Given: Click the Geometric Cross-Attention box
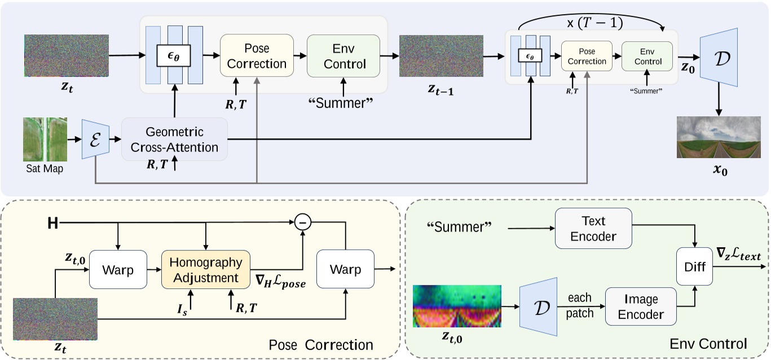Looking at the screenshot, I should coord(174,139).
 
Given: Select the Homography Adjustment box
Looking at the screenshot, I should coord(205,270).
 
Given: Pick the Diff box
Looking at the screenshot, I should coord(695,267).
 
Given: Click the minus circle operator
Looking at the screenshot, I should coord(303,223).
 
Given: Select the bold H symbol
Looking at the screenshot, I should coord(52,224).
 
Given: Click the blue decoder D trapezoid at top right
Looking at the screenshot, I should coord(719,56).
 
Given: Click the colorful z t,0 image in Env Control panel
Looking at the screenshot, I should coord(457,306).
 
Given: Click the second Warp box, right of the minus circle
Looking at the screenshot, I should coord(345,270).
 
